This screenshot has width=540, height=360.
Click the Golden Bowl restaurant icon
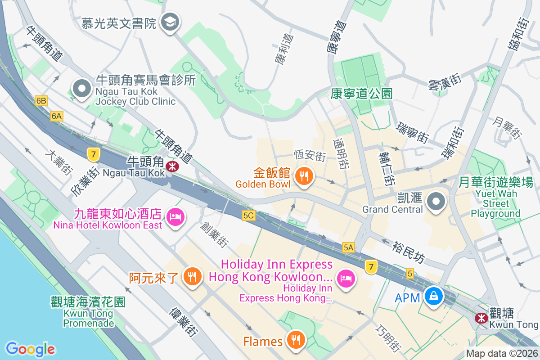304,176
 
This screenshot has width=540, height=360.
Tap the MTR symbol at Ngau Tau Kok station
171,166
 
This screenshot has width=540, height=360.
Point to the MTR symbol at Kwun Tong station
481,318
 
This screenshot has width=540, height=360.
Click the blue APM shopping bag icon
433,297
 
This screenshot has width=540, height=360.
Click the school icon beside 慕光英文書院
171,21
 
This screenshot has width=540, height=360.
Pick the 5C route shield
248,216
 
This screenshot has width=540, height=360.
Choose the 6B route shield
41,100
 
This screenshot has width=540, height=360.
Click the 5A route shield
348,247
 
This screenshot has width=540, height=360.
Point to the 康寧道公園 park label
361,94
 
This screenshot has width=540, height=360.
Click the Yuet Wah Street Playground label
495,198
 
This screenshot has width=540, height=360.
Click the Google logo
30,349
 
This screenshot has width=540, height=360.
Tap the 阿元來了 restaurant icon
193,276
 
